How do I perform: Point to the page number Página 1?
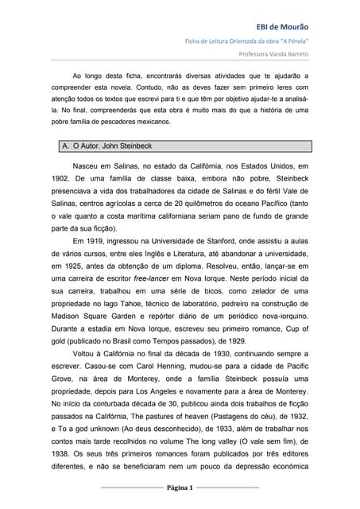pos(180,487)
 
